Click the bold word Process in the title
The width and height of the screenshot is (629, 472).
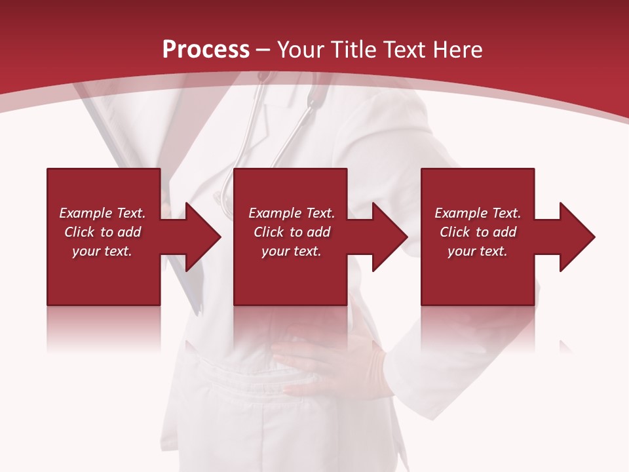[206, 50]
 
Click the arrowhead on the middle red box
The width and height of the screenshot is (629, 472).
[389, 237]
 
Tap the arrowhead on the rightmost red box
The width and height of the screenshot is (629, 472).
[577, 237]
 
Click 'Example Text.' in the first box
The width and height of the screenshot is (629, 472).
[102, 213]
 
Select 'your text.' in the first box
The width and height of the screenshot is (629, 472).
[102, 251]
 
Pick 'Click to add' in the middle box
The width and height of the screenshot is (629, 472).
[292, 232]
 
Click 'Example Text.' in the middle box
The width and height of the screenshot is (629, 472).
[292, 213]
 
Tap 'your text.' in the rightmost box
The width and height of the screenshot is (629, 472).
[478, 251]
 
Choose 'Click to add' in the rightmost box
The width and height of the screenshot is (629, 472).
[478, 232]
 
